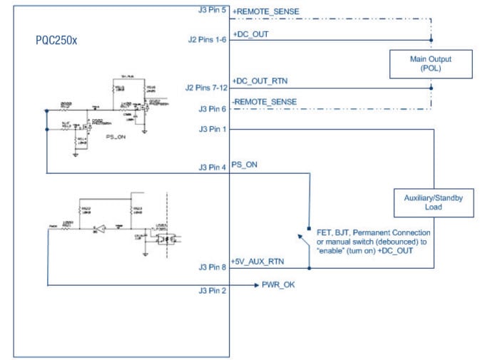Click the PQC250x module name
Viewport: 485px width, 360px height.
56,41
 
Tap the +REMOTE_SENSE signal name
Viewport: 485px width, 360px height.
265,12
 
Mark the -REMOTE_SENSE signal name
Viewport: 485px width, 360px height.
265,102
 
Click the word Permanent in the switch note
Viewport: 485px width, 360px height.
373,233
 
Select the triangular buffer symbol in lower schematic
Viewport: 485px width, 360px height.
103,230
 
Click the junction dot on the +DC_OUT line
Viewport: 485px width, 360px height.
430,41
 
